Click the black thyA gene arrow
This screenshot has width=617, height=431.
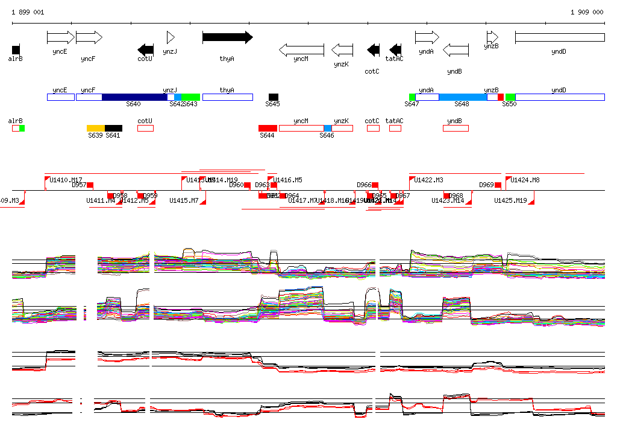coord(227,37)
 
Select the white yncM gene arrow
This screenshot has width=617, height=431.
coord(301,49)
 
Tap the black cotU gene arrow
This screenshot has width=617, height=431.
coord(145,49)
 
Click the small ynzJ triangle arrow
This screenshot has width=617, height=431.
coord(170,37)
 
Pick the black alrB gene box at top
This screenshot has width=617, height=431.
coord(16,49)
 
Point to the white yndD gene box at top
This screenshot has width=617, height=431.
coord(559,37)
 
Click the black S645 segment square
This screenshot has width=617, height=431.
coord(274,97)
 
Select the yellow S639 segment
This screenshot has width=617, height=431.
coord(96,128)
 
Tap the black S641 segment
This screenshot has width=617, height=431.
coord(113,128)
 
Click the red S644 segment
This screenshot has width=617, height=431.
coord(268,128)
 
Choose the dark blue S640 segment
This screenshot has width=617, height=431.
coord(134,97)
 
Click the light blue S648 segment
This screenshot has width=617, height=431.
coord(463,97)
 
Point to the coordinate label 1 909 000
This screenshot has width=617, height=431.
coord(586,12)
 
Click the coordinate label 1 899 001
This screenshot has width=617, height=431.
coord(28,12)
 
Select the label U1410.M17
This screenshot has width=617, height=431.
coord(66,180)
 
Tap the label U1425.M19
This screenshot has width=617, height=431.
coord(510,200)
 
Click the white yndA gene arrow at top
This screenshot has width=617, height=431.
coord(427,37)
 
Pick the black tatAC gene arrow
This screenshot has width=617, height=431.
coord(395,49)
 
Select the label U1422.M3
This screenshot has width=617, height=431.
coord(428,180)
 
